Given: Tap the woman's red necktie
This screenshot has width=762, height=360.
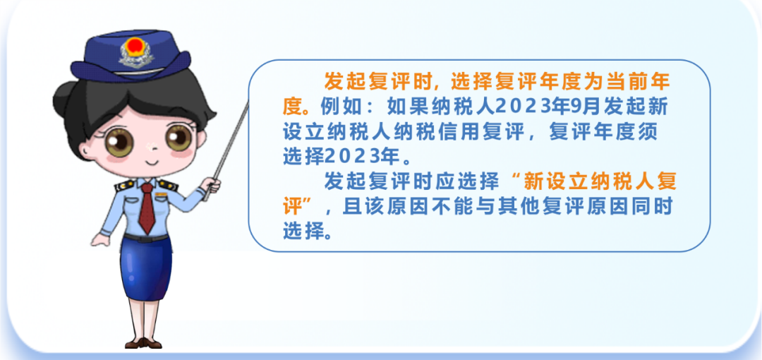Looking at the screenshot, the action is (146, 208).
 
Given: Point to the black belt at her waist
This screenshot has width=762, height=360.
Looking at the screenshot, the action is (145, 238).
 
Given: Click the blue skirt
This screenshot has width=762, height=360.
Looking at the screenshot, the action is (145, 269).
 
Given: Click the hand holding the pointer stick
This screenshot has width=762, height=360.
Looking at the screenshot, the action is (212, 185).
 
